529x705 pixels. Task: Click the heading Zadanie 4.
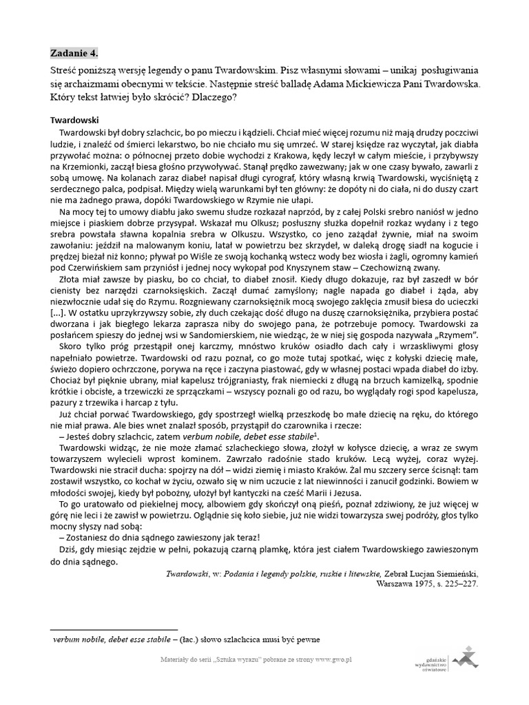tap(74, 53)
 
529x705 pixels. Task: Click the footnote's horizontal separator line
tap(114, 629)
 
